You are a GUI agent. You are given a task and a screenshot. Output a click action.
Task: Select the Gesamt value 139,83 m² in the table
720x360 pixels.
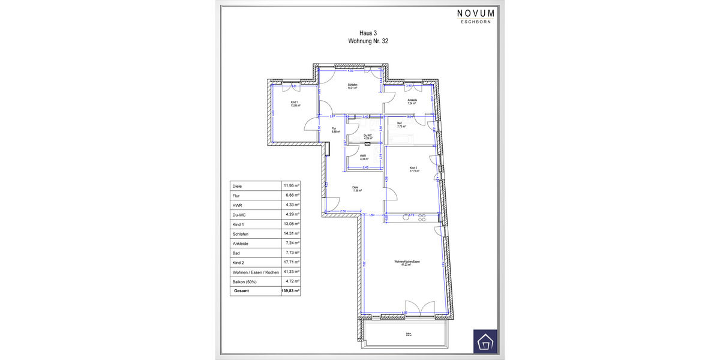pyautogui.click(x=290, y=291)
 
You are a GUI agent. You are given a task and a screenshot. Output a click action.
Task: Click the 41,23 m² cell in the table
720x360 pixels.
pyautogui.click(x=290, y=272)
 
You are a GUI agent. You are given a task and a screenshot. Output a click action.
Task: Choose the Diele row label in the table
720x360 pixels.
pyautogui.click(x=237, y=186)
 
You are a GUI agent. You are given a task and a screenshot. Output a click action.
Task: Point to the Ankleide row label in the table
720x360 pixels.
pyautogui.click(x=240, y=244)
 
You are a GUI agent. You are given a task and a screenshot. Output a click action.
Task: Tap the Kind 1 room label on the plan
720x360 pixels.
pyautogui.click(x=294, y=104)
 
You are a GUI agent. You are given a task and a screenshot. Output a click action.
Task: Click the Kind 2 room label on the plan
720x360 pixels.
pyautogui.click(x=413, y=169)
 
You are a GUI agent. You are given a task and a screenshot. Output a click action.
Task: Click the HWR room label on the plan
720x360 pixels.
pyautogui.click(x=363, y=157)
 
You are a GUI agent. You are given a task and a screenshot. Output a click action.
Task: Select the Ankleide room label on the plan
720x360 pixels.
pyautogui.click(x=412, y=101)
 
